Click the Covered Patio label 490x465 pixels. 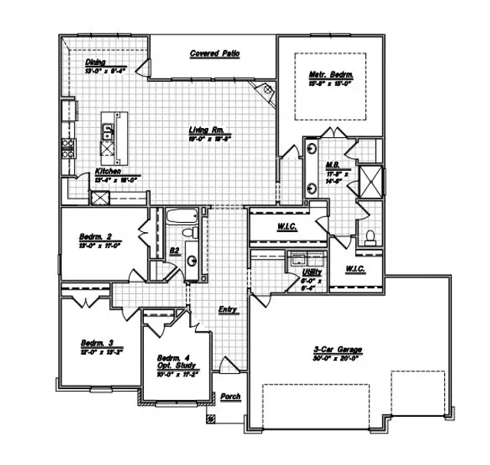(x=215, y=54)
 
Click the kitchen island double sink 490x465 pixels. (x=108, y=133)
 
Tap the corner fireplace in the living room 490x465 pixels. (x=266, y=90)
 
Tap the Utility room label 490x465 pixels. (x=312, y=272)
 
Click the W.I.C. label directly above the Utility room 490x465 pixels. (x=285, y=228)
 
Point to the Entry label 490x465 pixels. (x=227, y=309)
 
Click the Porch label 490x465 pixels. (x=230, y=396)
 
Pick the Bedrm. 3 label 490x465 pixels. (x=97, y=342)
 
